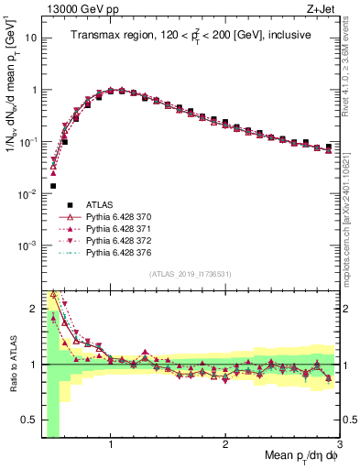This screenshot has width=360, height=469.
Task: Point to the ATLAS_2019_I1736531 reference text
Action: (x=190, y=274)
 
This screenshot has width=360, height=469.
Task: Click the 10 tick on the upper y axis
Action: (x=29, y=38)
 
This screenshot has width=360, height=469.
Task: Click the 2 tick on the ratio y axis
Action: (x=35, y=309)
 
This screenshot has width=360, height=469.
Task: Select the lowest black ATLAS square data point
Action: (x=53, y=186)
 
